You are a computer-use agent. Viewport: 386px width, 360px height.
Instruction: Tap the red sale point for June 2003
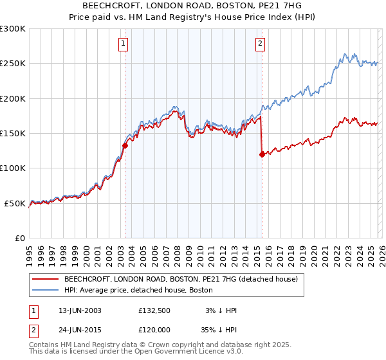click(x=125, y=145)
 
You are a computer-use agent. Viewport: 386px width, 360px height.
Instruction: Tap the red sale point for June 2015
click(x=262, y=154)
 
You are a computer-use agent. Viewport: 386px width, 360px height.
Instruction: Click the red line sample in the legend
click(x=45, y=280)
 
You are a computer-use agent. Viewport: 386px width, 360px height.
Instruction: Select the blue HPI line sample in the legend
click(x=45, y=290)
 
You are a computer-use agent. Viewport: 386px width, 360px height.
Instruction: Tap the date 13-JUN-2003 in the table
click(x=78, y=310)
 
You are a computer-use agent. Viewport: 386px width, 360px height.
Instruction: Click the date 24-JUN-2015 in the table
click(x=78, y=330)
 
